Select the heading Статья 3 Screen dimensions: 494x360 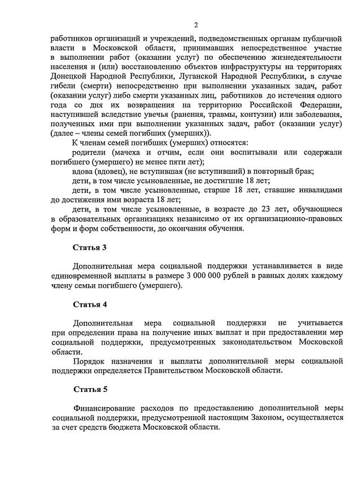(x=90, y=247)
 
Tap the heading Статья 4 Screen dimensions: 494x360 (x=90, y=305)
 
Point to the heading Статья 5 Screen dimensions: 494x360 (x=90, y=389)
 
